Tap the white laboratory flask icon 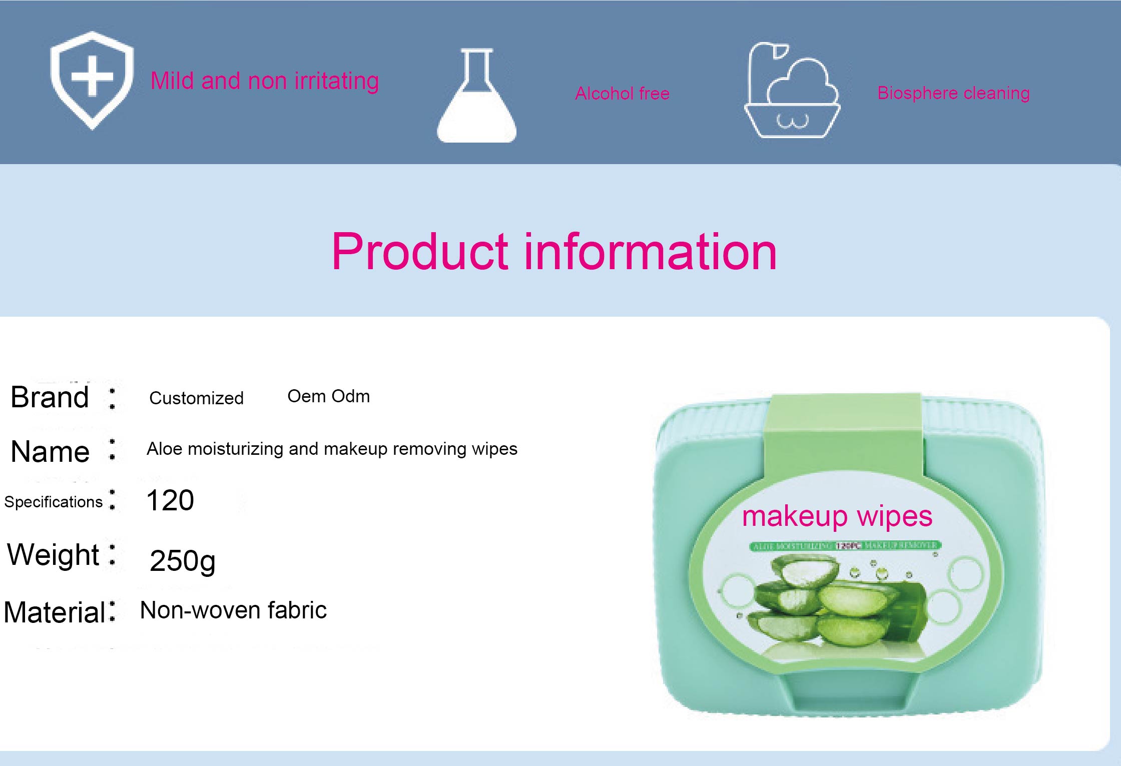click(x=477, y=98)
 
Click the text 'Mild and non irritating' click(x=265, y=81)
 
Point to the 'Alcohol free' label click(x=622, y=94)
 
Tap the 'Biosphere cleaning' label click(x=953, y=93)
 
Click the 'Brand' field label click(x=50, y=397)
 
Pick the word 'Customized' click(x=196, y=398)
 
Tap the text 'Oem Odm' click(x=328, y=396)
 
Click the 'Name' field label click(x=50, y=452)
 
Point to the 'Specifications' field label click(x=53, y=502)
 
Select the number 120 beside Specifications click(x=170, y=500)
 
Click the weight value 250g click(x=182, y=561)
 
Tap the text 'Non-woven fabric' click(x=233, y=610)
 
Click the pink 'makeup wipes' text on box click(x=837, y=516)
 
